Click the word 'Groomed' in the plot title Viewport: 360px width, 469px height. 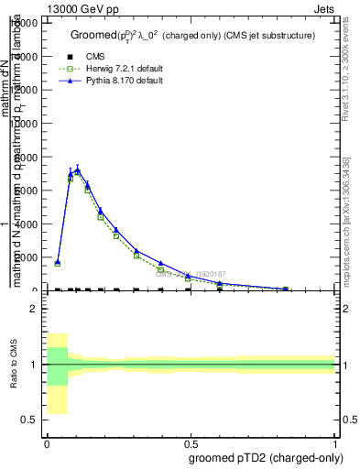(x=89, y=36)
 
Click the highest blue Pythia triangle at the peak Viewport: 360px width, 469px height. (x=77, y=169)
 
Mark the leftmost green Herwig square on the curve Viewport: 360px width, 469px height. (x=57, y=263)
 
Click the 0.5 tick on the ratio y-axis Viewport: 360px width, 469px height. (x=29, y=420)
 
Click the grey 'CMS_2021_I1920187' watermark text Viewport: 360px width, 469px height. (x=190, y=274)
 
